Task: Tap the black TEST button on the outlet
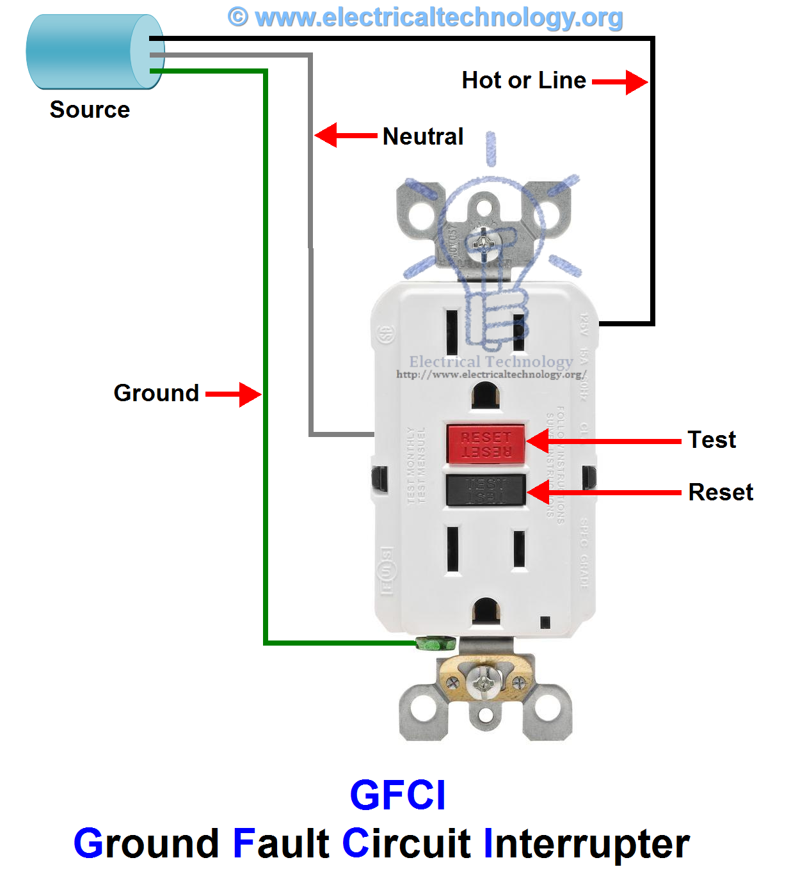[485, 490]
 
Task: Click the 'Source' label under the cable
[90, 110]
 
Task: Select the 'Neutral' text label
[422, 136]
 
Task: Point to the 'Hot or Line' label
[523, 81]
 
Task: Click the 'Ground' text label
[156, 393]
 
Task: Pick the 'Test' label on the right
[712, 440]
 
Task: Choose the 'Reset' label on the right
[721, 492]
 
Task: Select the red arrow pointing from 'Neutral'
[346, 136]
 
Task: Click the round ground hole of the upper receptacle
[486, 395]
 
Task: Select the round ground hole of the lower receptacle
[486, 610]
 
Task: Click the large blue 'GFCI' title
[397, 795]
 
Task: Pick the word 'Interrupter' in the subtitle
[586, 843]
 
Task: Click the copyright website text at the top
[426, 17]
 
